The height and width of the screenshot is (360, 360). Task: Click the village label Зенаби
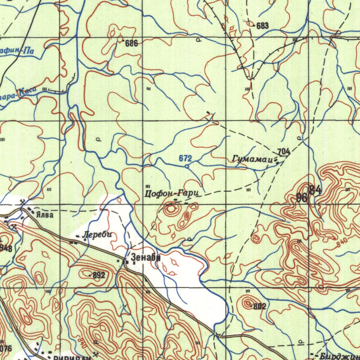pyautogui.click(x=145, y=258)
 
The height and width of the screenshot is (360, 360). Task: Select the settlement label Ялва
pyautogui.click(x=47, y=215)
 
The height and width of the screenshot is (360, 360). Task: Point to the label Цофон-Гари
pyautogui.click(x=172, y=193)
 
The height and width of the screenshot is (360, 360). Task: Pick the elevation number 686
pyautogui.click(x=131, y=44)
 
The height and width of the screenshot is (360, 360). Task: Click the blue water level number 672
pyautogui.click(x=185, y=158)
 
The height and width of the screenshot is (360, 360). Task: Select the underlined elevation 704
pyautogui.click(x=283, y=152)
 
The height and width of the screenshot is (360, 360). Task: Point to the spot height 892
pyautogui.click(x=99, y=275)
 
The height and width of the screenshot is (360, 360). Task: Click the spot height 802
pyautogui.click(x=259, y=306)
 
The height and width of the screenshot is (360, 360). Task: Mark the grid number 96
pyautogui.click(x=302, y=198)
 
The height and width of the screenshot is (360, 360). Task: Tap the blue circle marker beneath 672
pyautogui.click(x=187, y=166)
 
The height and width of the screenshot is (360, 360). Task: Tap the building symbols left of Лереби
pyautogui.click(x=73, y=242)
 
